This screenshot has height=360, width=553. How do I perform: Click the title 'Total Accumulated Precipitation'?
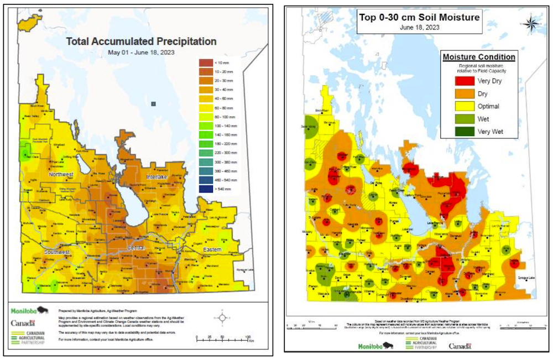click(141, 41)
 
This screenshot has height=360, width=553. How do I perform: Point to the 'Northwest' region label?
click(61, 175)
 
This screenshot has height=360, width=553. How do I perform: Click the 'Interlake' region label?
click(160, 176)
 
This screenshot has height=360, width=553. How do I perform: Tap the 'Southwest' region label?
click(57, 253)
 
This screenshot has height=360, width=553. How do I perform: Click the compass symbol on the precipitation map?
click(222, 318)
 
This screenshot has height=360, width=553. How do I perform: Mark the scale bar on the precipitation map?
click(222, 338)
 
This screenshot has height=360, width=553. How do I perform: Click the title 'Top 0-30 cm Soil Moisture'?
click(419, 18)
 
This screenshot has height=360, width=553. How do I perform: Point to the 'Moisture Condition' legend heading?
click(478, 57)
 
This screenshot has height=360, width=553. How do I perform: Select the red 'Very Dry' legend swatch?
click(451, 81)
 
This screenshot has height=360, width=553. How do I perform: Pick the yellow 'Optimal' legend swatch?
click(451, 106)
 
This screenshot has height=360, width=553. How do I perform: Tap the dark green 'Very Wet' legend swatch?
click(451, 132)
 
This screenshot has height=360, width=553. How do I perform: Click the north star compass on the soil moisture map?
click(530, 23)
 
